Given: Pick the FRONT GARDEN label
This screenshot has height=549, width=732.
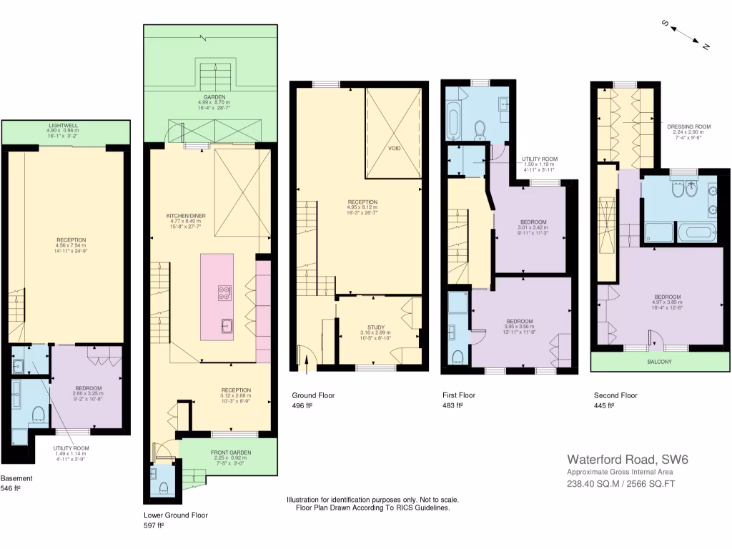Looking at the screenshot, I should pos(229,452).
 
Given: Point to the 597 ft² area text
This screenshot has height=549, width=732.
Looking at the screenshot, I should pos(154,525).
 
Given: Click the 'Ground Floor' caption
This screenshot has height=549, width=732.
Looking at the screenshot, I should pos(312,395).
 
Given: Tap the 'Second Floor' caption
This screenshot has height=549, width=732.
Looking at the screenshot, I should pos(615,395).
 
